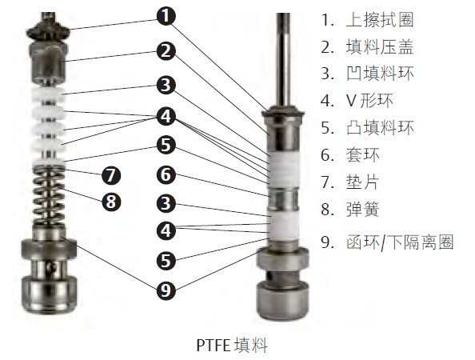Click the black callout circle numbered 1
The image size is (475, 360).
click(x=166, y=16)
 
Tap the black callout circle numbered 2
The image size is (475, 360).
click(x=166, y=51)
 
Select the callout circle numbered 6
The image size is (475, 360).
click(x=166, y=175)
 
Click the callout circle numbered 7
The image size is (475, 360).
click(x=111, y=175)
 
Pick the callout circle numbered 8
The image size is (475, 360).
click(x=111, y=202)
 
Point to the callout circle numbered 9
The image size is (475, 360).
click(x=166, y=290)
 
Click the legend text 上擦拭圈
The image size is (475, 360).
click(x=380, y=20)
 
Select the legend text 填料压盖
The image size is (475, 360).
click(x=380, y=47)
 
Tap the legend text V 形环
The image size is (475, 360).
click(x=369, y=100)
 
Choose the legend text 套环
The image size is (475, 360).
click(x=362, y=155)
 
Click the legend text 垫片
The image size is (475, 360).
click(x=362, y=182)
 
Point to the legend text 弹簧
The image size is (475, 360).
click(x=362, y=209)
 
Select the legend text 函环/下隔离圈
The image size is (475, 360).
click(x=400, y=242)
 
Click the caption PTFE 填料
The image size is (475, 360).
click(x=232, y=345)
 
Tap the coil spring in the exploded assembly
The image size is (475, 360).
click(x=49, y=196)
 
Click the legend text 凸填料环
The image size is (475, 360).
click(x=380, y=127)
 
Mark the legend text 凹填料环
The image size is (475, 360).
click(x=380, y=74)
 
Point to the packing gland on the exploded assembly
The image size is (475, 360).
click(x=49, y=62)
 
